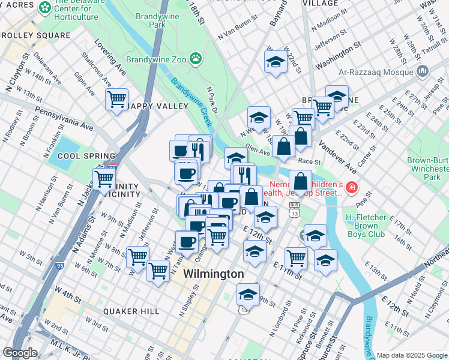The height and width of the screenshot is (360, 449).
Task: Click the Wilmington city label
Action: coord(213,274)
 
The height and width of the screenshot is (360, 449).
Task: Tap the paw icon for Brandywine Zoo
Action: coord(195,58)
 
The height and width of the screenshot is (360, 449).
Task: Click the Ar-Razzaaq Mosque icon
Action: coord(423,72)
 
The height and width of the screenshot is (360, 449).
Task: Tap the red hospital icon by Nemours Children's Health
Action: coord(351,189)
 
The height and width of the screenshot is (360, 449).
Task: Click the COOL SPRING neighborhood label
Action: coord(73,156)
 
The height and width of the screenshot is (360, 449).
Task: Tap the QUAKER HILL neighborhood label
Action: coord(131,311)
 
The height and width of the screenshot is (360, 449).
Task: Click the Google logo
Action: coord(20,353)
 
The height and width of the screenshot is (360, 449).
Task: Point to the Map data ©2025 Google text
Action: coord(412,355)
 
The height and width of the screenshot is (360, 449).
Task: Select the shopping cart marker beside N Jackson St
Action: coord(104,178)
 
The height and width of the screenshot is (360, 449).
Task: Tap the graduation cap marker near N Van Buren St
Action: coord(276,61)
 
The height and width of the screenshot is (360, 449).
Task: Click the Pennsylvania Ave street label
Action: coord(64,118)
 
